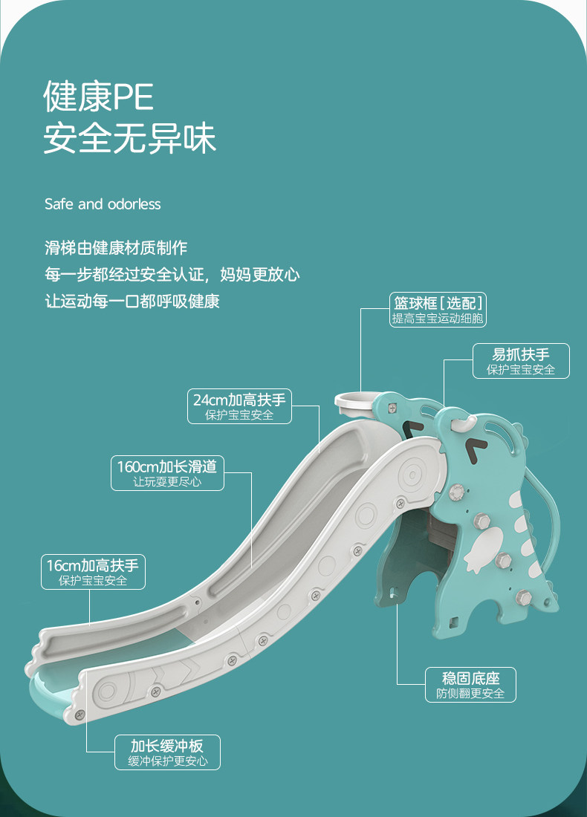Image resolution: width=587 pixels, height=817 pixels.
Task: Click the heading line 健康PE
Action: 99,97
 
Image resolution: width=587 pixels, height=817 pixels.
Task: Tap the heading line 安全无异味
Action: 129,138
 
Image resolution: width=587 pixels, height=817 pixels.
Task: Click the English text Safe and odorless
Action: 103,204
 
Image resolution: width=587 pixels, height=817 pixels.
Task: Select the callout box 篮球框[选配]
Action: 438,310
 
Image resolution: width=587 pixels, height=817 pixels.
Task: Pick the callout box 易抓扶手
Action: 521,360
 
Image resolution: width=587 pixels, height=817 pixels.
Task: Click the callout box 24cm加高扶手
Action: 239,406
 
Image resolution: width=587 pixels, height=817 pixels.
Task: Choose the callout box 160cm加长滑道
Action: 167,472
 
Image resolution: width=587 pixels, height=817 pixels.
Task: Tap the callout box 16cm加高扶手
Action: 94,572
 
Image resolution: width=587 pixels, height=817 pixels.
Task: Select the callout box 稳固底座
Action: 471,685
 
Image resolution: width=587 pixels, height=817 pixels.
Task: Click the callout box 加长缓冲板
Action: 167,752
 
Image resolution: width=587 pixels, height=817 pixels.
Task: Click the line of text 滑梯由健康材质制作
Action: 116,247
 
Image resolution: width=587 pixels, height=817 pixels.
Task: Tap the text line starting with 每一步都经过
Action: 172,274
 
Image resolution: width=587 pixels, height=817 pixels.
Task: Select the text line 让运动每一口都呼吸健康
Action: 132,301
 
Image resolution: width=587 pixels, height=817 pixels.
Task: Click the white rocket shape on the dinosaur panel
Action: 483,550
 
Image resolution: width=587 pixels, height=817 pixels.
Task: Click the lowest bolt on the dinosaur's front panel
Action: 523,598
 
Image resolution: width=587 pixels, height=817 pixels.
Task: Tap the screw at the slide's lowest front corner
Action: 80,714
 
